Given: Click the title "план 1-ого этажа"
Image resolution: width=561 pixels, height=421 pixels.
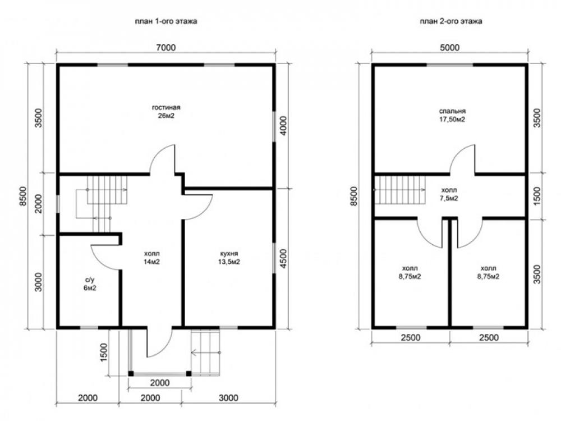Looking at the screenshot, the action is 165,21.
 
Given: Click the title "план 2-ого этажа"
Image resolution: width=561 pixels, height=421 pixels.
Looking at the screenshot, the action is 451,21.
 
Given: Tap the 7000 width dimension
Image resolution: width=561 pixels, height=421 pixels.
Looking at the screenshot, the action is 166,47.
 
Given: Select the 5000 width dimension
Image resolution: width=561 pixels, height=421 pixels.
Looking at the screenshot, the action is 450,47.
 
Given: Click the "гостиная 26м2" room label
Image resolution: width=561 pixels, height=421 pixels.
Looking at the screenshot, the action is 166,111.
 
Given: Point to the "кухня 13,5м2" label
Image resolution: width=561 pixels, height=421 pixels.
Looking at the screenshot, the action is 229,258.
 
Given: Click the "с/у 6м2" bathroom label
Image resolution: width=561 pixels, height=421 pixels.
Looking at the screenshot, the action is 90,284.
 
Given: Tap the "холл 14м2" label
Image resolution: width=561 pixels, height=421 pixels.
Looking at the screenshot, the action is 151,258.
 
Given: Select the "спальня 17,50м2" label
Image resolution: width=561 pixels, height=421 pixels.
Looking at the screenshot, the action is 452,115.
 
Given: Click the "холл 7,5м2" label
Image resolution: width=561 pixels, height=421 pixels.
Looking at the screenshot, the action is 449,194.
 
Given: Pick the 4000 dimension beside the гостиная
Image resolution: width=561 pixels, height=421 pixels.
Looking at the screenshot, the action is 283,126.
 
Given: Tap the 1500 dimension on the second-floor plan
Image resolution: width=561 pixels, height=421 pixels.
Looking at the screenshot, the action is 537,196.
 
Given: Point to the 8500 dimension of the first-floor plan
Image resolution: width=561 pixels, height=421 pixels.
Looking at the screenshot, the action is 23,196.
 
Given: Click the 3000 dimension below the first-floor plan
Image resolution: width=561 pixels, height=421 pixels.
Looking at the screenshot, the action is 228,398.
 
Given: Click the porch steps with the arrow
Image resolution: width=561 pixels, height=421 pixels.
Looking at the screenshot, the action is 206,353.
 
